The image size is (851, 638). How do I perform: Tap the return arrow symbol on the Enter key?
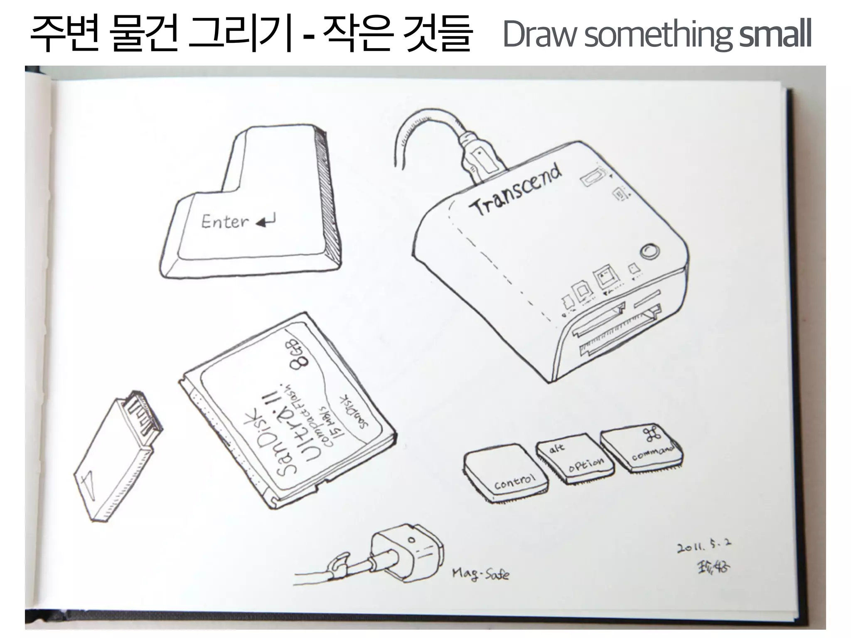(x=266, y=221)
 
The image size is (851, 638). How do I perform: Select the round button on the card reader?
(x=649, y=252)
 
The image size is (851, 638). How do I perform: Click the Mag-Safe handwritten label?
(x=480, y=574)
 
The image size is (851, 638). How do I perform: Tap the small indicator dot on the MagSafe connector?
(x=411, y=540)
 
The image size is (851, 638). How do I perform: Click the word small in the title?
(x=775, y=35)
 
